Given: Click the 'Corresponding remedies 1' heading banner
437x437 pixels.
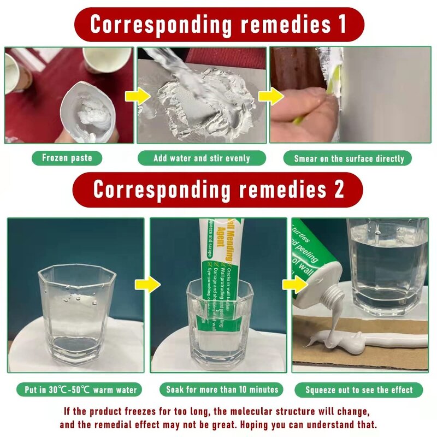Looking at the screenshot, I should coord(218,25).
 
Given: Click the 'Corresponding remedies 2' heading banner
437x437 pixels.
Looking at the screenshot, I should coord(218,190).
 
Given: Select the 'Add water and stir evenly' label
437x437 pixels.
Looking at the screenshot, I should coord(202,158).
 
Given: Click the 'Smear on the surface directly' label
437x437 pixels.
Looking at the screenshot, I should coord(349,159).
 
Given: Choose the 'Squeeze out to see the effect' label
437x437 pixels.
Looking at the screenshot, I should coord(359,390).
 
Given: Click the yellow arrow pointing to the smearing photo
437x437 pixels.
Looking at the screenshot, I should coord(271,97).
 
